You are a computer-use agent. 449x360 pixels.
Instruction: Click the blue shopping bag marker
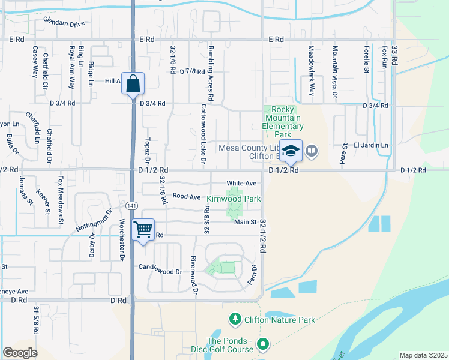[133, 84]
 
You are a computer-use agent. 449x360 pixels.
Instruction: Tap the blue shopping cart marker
[143, 230]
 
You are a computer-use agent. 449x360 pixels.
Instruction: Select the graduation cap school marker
[291, 151]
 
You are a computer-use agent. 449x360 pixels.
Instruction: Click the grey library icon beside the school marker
[311, 151]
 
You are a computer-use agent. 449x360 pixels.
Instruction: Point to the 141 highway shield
[131, 205]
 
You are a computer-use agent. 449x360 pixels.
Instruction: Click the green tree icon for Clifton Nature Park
[235, 320]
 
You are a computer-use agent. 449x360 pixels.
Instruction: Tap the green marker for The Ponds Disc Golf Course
[262, 344]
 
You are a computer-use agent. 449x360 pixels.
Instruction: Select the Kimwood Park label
[234, 199]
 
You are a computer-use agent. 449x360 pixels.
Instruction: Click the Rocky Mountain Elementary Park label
[283, 118]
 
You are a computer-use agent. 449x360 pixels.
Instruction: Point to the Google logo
[20, 353]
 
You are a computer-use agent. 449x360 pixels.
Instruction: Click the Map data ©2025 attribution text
[423, 355]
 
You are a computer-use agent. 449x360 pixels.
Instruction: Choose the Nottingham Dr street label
[94, 221]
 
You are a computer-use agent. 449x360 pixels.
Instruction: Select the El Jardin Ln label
[371, 145]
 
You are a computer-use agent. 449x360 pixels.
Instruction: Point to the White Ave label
[241, 183]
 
